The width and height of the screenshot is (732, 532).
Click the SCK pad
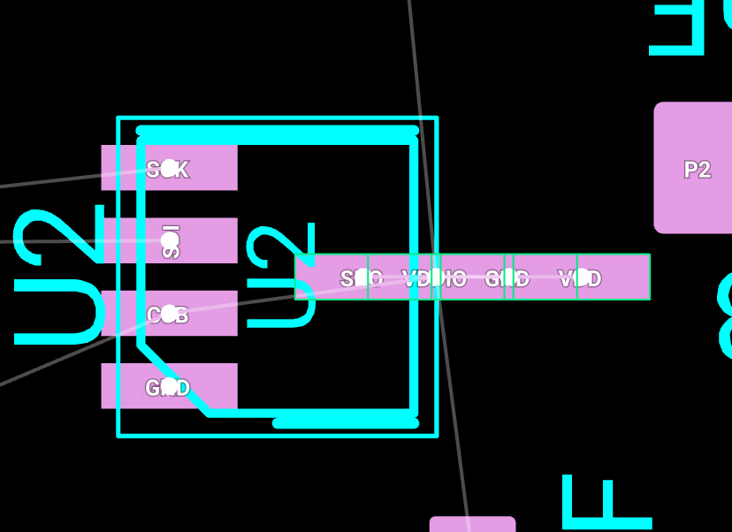point(203,168)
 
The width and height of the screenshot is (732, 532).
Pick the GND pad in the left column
point(203,386)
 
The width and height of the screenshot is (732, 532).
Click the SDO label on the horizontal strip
point(362,279)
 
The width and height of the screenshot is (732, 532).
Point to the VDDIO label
point(434,279)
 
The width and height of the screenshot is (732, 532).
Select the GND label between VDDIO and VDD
point(507,279)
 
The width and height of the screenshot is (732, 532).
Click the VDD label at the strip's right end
point(580,279)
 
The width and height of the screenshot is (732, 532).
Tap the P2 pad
point(697,169)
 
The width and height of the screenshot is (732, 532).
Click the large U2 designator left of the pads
point(59,276)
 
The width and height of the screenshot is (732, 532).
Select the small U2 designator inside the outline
point(281,276)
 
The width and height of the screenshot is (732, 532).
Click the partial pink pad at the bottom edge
point(472,524)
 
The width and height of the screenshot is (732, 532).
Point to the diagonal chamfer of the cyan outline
point(173,378)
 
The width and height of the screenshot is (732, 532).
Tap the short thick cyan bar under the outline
point(345,423)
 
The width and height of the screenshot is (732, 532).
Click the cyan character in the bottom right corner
point(606,503)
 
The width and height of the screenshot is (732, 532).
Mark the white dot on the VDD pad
point(582,277)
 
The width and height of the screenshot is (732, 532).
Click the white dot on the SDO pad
point(362,277)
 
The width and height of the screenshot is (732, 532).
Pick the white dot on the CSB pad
point(169,314)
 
